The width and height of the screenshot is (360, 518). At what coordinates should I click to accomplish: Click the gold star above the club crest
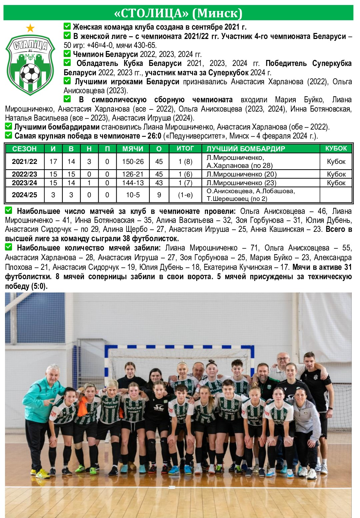pyautogui.click(x=30, y=28)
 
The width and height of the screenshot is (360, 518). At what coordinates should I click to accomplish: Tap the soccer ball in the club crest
pyautogui.click(x=30, y=74)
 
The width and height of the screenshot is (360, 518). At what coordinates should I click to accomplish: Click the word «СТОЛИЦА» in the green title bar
pyautogui.click(x=151, y=13)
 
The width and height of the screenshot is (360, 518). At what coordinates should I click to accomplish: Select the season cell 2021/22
pyautogui.click(x=25, y=162)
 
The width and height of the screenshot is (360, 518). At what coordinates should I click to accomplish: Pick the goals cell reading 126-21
pyautogui.click(x=133, y=174)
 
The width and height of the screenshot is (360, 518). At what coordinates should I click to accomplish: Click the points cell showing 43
pyautogui.click(x=159, y=183)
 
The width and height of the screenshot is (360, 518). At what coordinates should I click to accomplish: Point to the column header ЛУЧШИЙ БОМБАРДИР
pyautogui.click(x=246, y=149)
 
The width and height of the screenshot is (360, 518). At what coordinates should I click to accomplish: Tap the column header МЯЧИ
pyautogui.click(x=133, y=149)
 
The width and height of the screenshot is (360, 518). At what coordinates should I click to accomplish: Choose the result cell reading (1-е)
pyautogui.click(x=185, y=195)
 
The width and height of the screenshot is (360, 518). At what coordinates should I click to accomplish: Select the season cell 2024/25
pyautogui.click(x=25, y=195)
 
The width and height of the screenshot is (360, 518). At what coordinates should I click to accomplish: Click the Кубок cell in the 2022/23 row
pyautogui.click(x=336, y=174)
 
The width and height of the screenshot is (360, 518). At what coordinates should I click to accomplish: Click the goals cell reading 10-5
pyautogui.click(x=133, y=195)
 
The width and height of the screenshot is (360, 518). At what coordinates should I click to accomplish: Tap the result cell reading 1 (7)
pyautogui.click(x=185, y=183)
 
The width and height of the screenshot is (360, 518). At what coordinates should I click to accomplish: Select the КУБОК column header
pyautogui.click(x=336, y=149)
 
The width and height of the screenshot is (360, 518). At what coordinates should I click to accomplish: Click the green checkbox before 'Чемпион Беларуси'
pyautogui.click(x=67, y=54)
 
